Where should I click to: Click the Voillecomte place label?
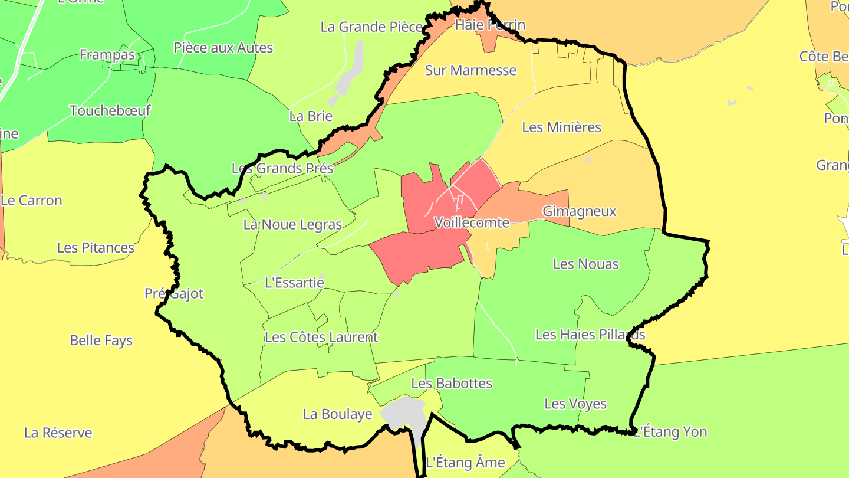click(x=471, y=222)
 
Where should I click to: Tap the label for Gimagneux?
click(x=579, y=211)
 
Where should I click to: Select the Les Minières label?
click(x=561, y=127)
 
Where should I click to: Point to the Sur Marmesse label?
click(x=470, y=70)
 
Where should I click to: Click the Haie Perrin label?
click(x=490, y=25)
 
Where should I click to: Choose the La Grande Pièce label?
click(x=371, y=27)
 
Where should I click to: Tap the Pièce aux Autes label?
click(x=223, y=47)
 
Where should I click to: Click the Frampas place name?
click(x=107, y=55)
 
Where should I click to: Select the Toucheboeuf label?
click(x=110, y=110)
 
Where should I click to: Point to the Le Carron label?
click(x=31, y=200)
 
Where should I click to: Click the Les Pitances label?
click(x=96, y=247)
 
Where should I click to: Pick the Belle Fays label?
click(x=101, y=341)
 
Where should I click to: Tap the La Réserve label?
click(x=58, y=433)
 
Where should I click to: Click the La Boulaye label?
click(x=337, y=414)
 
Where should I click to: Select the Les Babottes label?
click(x=452, y=383)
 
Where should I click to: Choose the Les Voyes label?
click(x=575, y=404)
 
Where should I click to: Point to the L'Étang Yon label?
click(x=671, y=431)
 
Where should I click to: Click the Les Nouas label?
click(x=586, y=264)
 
